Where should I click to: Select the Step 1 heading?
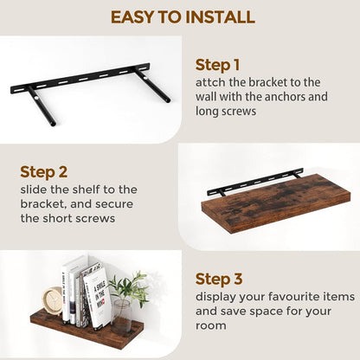(218, 65)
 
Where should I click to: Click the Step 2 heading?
(43, 171)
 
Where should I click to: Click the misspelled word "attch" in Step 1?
(213, 82)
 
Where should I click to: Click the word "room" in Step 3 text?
(214, 325)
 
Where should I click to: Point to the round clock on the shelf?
(55, 300)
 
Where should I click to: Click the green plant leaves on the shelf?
(130, 286)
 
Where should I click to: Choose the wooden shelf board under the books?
(87, 333)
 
